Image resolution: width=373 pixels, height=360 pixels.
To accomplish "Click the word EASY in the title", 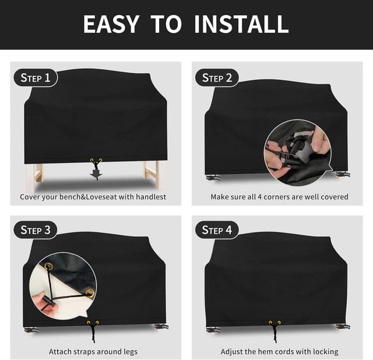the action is [111, 24].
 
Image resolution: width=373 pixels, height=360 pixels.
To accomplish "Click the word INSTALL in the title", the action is [241, 24].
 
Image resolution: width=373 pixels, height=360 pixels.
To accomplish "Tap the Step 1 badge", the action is [36, 78].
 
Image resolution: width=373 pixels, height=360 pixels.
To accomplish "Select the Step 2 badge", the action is [217, 78].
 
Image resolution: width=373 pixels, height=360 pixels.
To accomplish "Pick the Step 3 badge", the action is [36, 230].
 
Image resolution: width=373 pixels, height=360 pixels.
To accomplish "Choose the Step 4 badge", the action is [217, 230].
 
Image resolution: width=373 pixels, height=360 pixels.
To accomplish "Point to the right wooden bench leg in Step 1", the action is [152, 174].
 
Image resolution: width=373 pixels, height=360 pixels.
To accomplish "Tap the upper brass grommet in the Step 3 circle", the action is [49, 267].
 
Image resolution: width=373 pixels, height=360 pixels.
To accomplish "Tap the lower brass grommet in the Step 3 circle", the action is [90, 293].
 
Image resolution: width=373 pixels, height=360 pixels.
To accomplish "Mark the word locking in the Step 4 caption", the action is [325, 352].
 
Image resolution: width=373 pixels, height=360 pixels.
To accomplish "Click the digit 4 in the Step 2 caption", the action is [259, 197].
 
